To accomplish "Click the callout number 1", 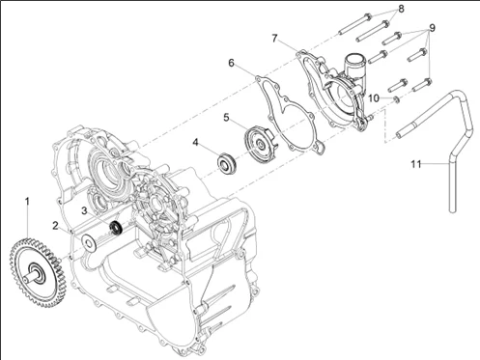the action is point(27,202).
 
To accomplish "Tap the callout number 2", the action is point(56,226).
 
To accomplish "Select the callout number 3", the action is point(84,210).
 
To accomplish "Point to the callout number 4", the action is point(195,142).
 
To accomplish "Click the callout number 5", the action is point(226,118).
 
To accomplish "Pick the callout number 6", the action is point(231,63).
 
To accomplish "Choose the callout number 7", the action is point(274,39).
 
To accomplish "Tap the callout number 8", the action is point(401,9).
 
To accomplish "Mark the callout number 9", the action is point(432,28).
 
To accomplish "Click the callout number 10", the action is point(374,98).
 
